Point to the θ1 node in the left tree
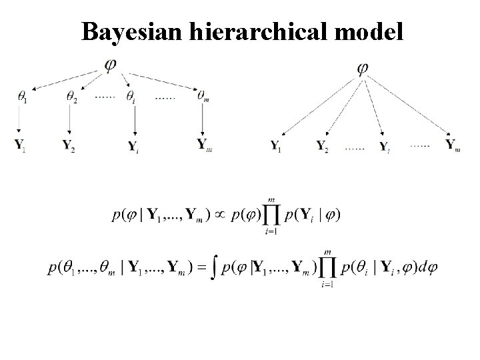(23, 96)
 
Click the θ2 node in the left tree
(71, 96)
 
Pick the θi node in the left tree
(131, 97)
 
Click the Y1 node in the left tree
(20, 144)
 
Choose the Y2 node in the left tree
(68, 144)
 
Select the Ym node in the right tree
(453, 145)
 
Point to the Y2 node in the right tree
(323, 145)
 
